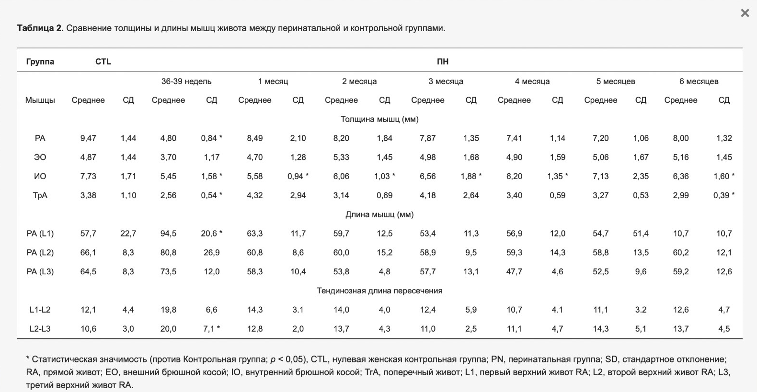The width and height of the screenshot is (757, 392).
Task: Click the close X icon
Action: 745,13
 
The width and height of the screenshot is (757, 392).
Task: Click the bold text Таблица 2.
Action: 40,28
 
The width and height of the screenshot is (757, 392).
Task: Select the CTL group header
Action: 103,61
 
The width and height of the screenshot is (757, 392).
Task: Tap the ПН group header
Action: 443,61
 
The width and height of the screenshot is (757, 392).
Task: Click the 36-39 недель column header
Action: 186,81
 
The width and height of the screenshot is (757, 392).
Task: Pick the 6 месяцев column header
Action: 699,81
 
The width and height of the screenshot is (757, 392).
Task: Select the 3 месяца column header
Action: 446,81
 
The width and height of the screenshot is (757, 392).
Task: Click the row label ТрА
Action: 40,195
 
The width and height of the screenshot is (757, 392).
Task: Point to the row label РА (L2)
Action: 40,253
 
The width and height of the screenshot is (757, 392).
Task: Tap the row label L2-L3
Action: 40,329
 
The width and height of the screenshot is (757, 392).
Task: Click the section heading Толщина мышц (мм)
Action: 379,119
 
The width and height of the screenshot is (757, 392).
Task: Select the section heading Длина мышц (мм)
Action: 379,215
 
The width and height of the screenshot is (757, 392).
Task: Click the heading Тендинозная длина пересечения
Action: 379,291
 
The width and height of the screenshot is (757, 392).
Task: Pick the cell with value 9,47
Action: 88,138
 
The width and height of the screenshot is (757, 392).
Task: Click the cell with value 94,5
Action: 168,234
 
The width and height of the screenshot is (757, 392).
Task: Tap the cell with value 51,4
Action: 641,234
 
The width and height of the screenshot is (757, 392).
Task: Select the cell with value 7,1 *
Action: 212,329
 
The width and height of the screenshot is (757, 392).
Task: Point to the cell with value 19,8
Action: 168,310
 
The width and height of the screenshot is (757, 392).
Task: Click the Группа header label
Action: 40,61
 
